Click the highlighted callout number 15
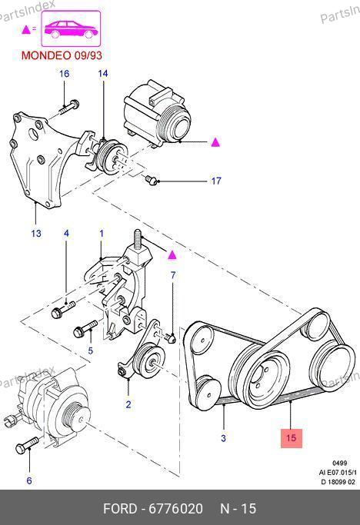[291, 438]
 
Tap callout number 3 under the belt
[224, 438]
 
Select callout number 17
[216, 181]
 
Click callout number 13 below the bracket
[36, 234]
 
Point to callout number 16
[65, 73]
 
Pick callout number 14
[103, 73]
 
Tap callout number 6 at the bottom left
[29, 481]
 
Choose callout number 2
[128, 404]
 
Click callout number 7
[173, 275]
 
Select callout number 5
[91, 351]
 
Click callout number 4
[66, 234]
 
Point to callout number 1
[102, 234]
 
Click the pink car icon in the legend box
[71, 28]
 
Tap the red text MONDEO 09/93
[62, 55]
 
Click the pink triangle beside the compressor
[215, 143]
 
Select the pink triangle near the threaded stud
[172, 255]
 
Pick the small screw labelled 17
[152, 180]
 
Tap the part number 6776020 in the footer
[175, 509]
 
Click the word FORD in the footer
[120, 509]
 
